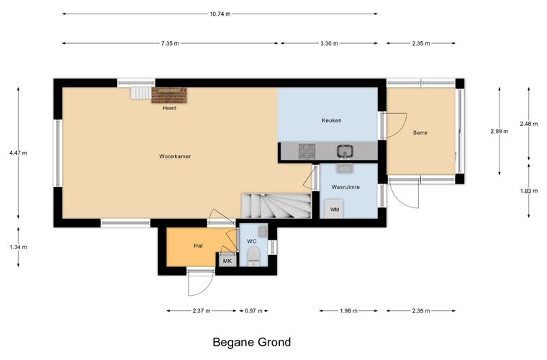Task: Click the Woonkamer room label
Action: tap(175, 156)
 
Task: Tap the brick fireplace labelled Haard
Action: tap(169, 95)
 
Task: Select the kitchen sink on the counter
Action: tap(345, 151)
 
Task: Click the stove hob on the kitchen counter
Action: tap(307, 151)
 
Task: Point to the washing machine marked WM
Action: tap(334, 209)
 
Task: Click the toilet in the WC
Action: tap(253, 256)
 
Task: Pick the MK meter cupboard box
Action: tap(227, 261)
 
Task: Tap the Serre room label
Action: tap(420, 132)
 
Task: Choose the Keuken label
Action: tap(331, 120)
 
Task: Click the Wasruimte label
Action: tap(345, 187)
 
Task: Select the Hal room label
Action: tap(198, 246)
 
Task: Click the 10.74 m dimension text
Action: tap(220, 14)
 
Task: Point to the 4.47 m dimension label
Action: tap(18, 153)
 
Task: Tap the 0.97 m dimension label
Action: tap(253, 311)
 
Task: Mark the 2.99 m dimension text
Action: tap(499, 132)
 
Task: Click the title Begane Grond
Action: tap(251, 342)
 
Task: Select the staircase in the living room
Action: tap(276, 206)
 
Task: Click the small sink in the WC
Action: tap(263, 231)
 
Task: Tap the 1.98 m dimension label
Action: tap(348, 311)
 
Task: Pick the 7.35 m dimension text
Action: tap(170, 44)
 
